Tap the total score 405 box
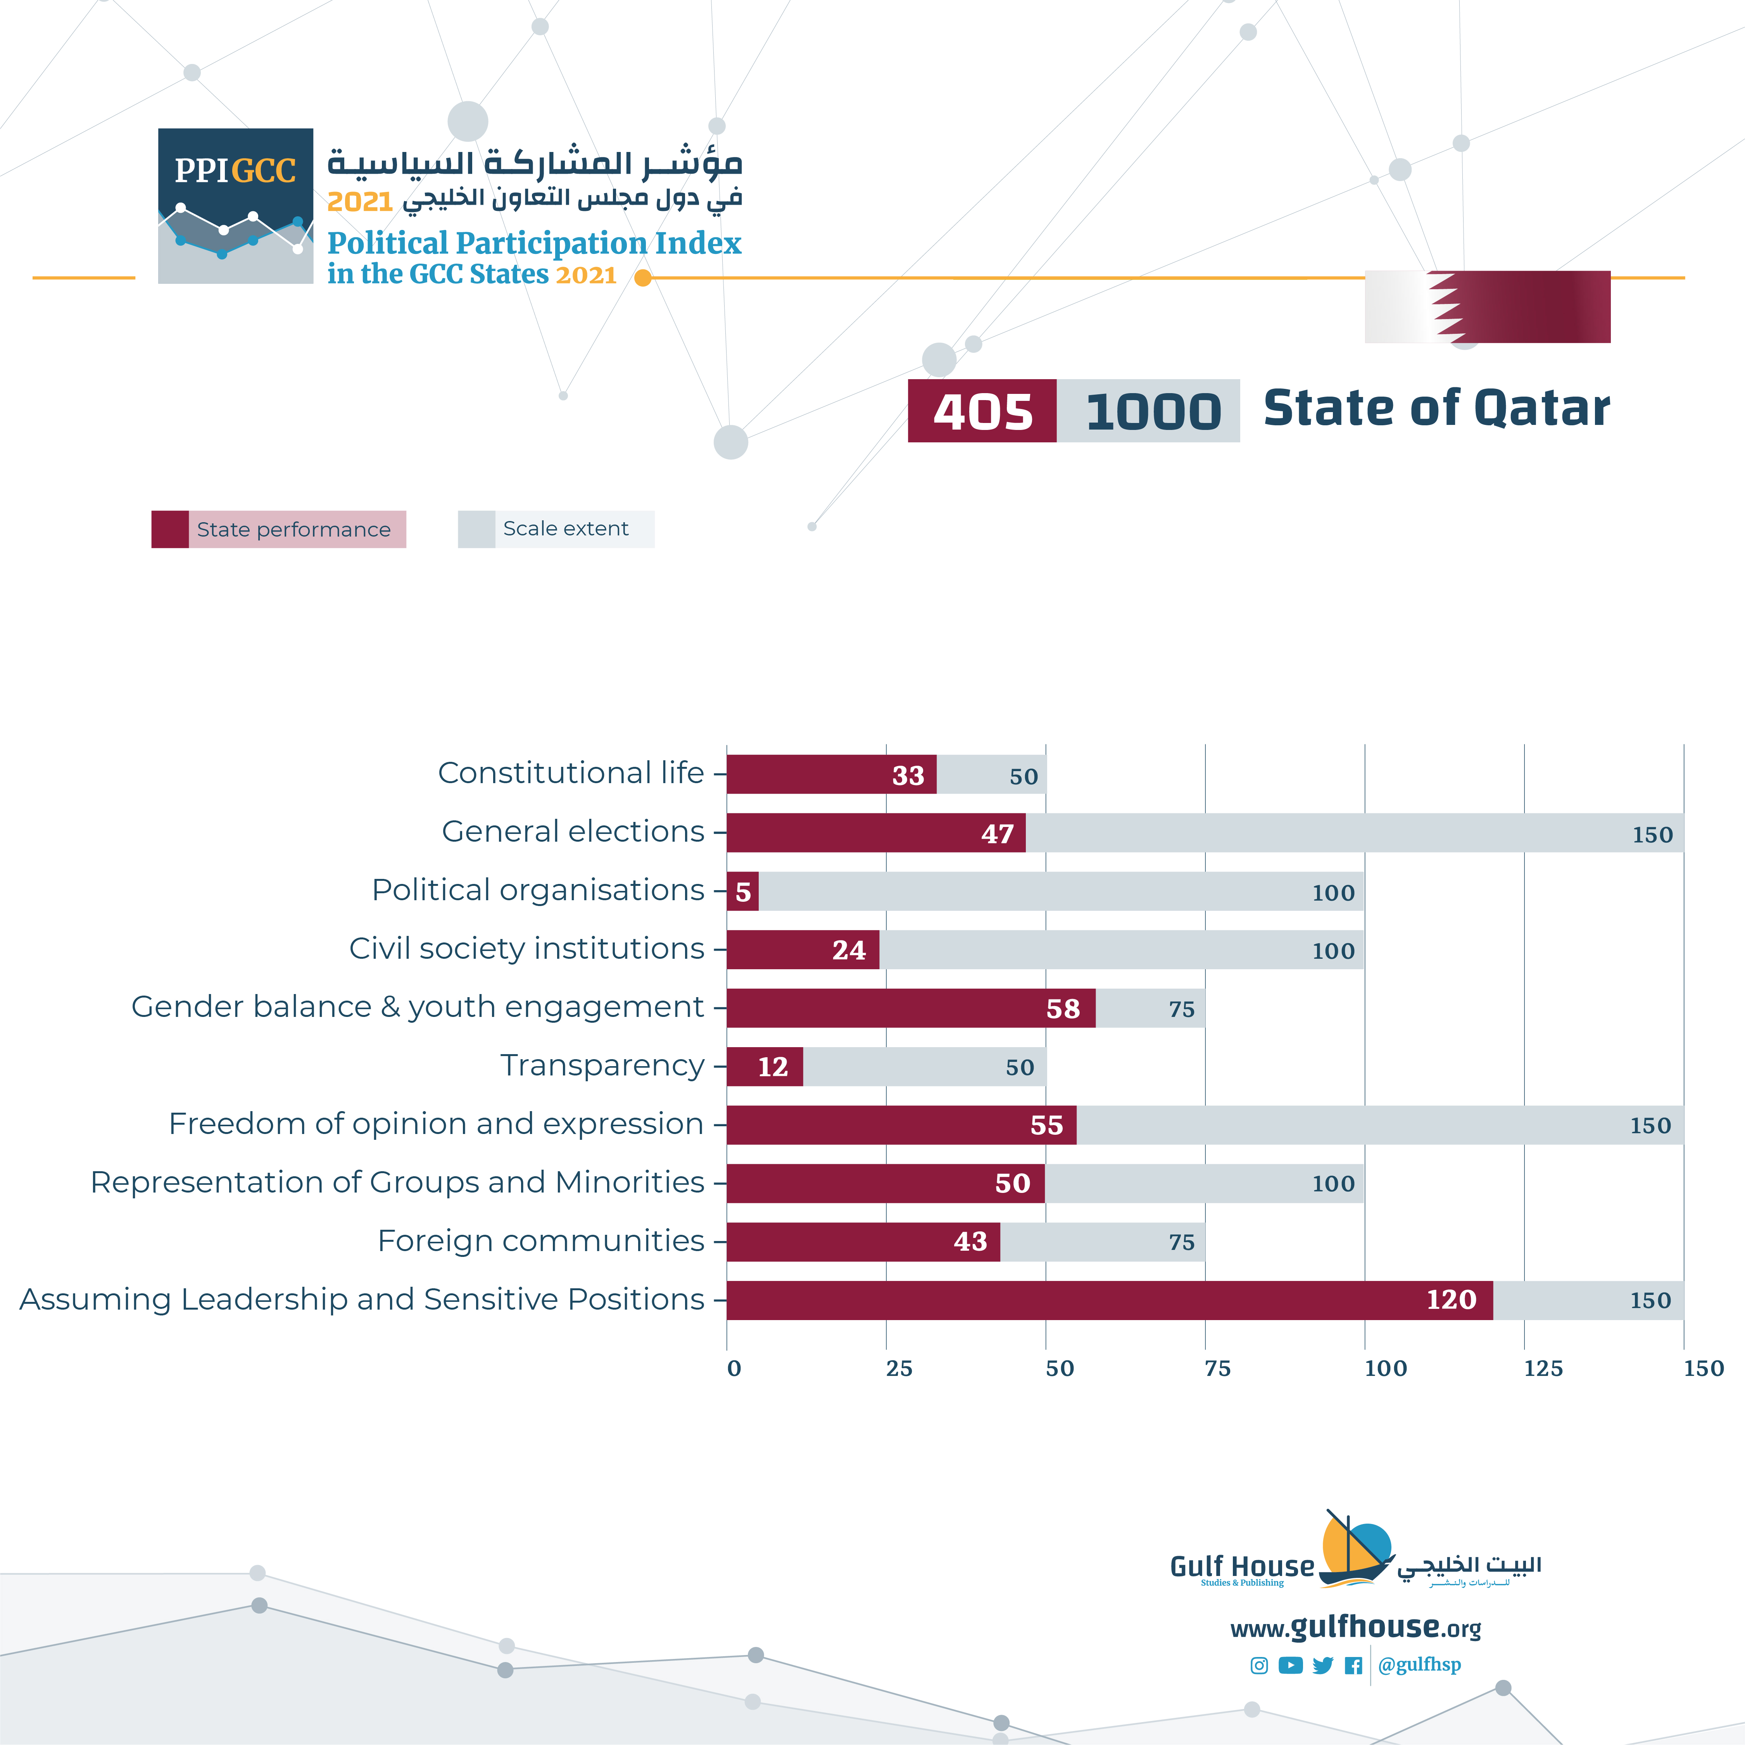click(982, 411)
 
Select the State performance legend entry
click(278, 529)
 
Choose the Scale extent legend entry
click(556, 529)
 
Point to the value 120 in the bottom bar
click(1451, 1300)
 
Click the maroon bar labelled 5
click(742, 891)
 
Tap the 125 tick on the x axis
click(1543, 1369)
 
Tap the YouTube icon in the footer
click(1291, 1665)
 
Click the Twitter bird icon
click(1322, 1665)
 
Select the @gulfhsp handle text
click(1419, 1665)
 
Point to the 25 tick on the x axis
click(899, 1369)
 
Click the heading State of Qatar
click(1436, 408)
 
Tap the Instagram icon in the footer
click(1259, 1665)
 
